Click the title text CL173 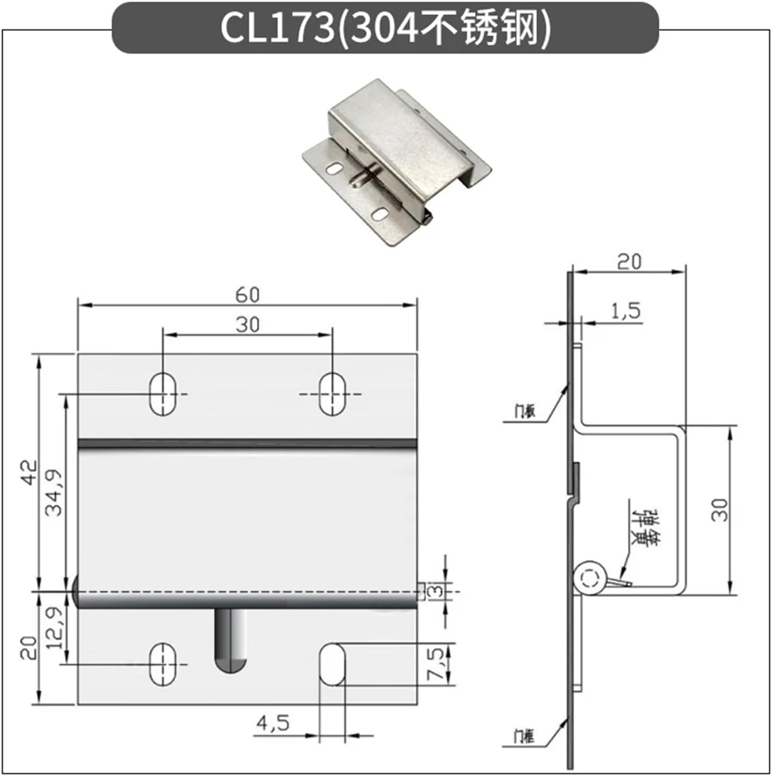[277, 28]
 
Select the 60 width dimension [247, 295]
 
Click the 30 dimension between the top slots [247, 324]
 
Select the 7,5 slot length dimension [436, 664]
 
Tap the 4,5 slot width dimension [273, 723]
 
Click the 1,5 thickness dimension [626, 311]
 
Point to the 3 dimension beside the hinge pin [436, 590]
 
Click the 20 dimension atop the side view [629, 261]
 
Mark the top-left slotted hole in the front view [163, 394]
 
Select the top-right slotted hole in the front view [332, 394]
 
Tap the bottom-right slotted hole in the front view [332, 664]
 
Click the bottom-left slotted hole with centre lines [163, 664]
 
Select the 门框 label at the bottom [524, 736]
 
